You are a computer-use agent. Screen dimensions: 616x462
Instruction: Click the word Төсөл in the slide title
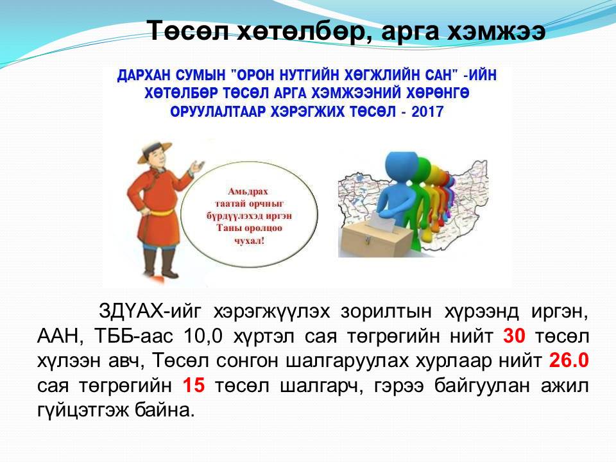[187, 30]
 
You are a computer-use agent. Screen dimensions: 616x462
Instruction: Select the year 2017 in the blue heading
[427, 112]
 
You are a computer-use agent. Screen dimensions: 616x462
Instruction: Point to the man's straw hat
[155, 151]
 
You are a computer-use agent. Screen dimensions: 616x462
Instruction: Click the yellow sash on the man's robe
[162, 213]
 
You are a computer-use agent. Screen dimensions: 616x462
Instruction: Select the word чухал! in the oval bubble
[249, 241]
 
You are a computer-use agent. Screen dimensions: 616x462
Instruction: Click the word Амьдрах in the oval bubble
[248, 192]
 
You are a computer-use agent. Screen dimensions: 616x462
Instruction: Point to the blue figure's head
[398, 167]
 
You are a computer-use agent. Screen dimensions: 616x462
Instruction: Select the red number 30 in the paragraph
[514, 336]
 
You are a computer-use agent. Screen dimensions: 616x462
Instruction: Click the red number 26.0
[569, 360]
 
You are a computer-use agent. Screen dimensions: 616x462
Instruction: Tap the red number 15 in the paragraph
[194, 385]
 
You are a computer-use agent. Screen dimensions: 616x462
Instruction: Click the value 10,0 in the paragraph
[203, 337]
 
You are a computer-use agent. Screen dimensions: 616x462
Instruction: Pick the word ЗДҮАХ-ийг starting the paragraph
[150, 312]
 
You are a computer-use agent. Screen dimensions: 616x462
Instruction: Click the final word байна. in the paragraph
[165, 410]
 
